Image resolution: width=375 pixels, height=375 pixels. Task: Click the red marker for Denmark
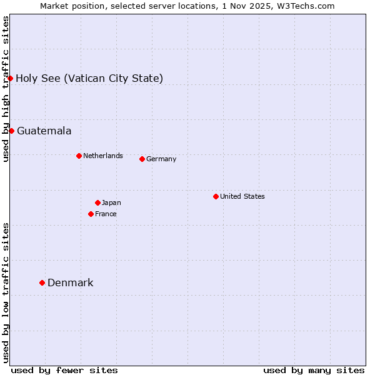[x=42, y=282]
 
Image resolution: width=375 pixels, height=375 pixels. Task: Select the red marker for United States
[x=216, y=196]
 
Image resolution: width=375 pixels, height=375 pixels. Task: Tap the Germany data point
[x=142, y=159]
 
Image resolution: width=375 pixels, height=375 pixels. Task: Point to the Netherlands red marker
[x=79, y=156]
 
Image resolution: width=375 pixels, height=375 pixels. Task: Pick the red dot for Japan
[x=97, y=202]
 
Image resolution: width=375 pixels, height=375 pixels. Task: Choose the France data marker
[x=91, y=214]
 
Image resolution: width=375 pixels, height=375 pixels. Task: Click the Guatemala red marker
[x=11, y=131]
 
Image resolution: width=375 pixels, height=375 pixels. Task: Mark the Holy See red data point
[x=11, y=78]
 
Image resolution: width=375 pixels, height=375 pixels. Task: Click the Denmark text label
[x=71, y=282]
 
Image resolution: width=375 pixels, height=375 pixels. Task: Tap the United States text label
[x=242, y=196]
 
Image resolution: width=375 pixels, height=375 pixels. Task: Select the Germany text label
[x=161, y=159]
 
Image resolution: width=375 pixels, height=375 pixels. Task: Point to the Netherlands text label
[x=103, y=156]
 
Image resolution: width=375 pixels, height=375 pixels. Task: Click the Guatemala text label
[x=44, y=131]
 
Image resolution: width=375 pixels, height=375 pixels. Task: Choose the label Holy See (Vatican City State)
[x=89, y=78]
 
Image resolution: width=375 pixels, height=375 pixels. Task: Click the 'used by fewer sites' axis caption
[x=64, y=370]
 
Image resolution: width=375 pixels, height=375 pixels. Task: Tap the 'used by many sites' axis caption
[x=314, y=370]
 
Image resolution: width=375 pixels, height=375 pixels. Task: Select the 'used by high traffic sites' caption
[x=6, y=89]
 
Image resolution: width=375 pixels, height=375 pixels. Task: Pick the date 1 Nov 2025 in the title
[x=254, y=6]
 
